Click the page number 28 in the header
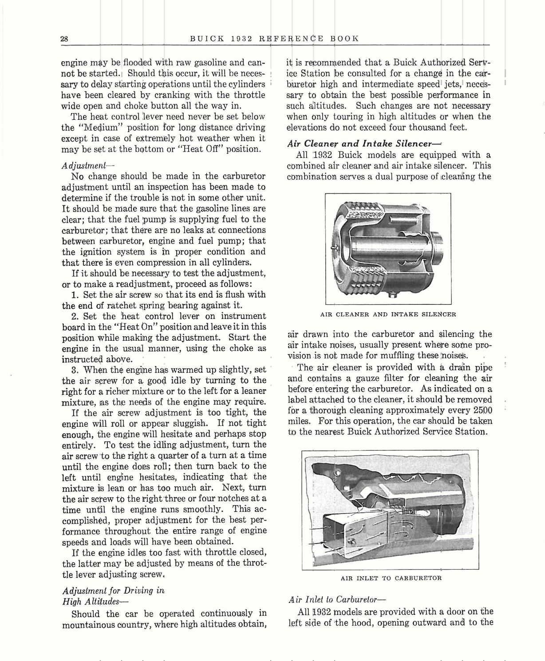point(64,39)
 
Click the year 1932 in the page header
point(242,39)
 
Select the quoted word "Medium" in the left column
point(99,127)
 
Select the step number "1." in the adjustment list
point(75,295)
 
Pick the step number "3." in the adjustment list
point(75,370)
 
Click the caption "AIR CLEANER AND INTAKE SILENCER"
point(388,315)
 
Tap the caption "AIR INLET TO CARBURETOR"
point(391,578)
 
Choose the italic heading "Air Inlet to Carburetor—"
point(332,600)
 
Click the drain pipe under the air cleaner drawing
point(392,294)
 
